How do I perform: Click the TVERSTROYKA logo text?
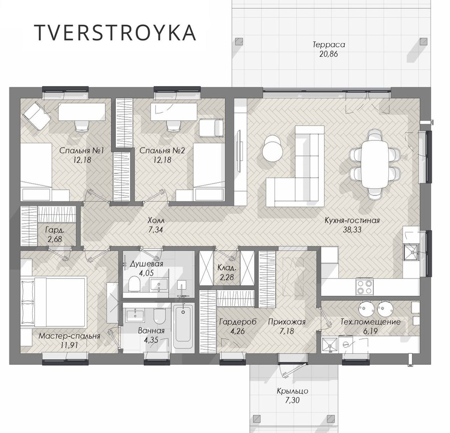(x=115, y=33)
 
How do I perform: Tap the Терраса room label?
(x=328, y=44)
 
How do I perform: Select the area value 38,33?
(x=352, y=230)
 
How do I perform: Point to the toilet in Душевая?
(x=135, y=284)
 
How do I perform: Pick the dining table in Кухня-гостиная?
(x=375, y=165)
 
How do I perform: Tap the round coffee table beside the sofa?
(x=272, y=149)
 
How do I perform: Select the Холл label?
(x=156, y=220)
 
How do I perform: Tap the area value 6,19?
(x=370, y=331)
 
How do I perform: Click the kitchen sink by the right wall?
(x=411, y=252)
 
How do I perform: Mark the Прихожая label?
(x=287, y=322)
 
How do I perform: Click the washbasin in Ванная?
(x=135, y=315)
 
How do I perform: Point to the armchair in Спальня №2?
(x=211, y=128)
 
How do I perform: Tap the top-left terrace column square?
(x=239, y=41)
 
